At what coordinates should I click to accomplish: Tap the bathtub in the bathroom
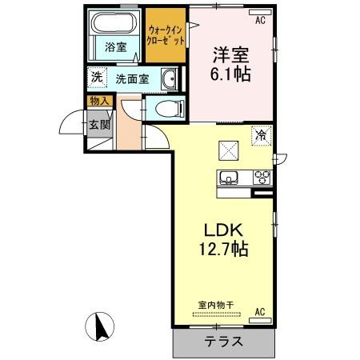pyautogui.click(x=114, y=24)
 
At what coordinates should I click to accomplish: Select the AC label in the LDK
pyautogui.click(x=259, y=310)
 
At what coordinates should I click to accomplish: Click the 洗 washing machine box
pyautogui.click(x=95, y=78)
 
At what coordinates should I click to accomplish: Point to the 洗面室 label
pyautogui.click(x=130, y=79)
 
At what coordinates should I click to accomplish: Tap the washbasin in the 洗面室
pyautogui.click(x=170, y=78)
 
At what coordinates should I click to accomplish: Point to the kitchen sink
pyautogui.click(x=226, y=178)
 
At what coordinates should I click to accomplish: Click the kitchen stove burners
pyautogui.click(x=261, y=178)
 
